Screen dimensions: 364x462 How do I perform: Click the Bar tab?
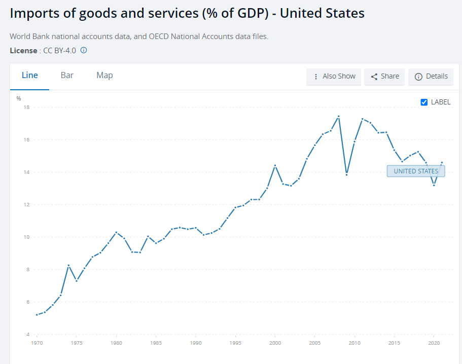pyautogui.click(x=67, y=76)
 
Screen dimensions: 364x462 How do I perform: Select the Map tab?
pyautogui.click(x=104, y=76)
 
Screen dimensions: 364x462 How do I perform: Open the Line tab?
pyautogui.click(x=30, y=76)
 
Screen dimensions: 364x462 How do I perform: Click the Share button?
pyautogui.click(x=384, y=77)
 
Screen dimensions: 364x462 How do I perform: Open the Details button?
pyautogui.click(x=431, y=77)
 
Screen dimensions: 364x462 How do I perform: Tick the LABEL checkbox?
pyautogui.click(x=424, y=102)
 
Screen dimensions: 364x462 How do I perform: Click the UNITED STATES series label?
pyautogui.click(x=416, y=171)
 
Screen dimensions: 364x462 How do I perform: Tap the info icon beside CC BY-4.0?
pyautogui.click(x=84, y=50)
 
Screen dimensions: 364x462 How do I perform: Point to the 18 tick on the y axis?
pyautogui.click(x=26, y=107)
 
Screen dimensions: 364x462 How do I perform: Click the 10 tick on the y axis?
pyautogui.click(x=26, y=237)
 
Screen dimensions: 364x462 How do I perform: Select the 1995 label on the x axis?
pyautogui.click(x=235, y=343)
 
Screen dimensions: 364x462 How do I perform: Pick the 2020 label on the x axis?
pyautogui.click(x=434, y=343)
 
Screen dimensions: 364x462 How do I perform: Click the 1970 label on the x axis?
pyautogui.click(x=37, y=343)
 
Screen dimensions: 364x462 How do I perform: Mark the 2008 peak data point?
pyautogui.click(x=339, y=116)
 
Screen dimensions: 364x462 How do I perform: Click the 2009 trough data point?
pyautogui.click(x=346, y=174)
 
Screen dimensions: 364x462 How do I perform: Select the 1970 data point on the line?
pyautogui.click(x=37, y=315)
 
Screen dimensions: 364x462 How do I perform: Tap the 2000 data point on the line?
pyautogui.click(x=275, y=166)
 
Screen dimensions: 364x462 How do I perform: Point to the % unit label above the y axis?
pyautogui.click(x=19, y=98)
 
